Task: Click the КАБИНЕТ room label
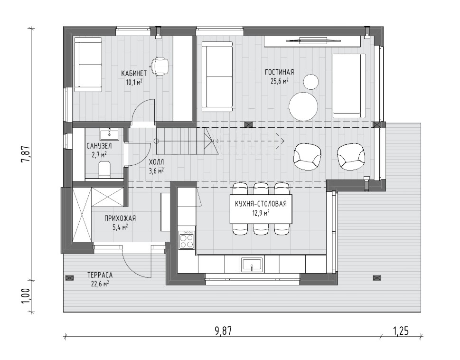point(134,73)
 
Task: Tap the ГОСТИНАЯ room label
point(279,72)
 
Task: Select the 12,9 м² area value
point(261,213)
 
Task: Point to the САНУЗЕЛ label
point(99,146)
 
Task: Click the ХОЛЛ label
point(156,162)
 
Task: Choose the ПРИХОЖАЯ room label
point(120,218)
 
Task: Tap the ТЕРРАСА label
point(100,275)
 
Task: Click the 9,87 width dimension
point(223,331)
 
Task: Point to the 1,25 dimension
point(401,331)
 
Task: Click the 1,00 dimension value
point(26,297)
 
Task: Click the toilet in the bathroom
point(104,169)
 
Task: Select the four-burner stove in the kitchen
point(187,239)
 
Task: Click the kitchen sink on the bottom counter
point(252,265)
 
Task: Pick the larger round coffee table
point(303,106)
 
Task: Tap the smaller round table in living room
point(311,82)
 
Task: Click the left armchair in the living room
point(307,156)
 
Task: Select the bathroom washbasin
point(109,134)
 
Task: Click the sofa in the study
point(87,64)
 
